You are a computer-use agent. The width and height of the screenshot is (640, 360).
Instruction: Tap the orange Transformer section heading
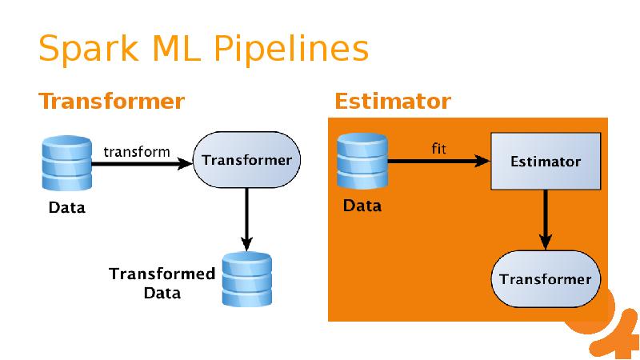coord(112,102)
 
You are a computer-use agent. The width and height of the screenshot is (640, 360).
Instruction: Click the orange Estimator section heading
coord(392,102)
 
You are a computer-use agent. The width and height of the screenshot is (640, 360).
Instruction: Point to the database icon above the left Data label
coord(66,163)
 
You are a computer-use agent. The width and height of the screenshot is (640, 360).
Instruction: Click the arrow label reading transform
coord(137,151)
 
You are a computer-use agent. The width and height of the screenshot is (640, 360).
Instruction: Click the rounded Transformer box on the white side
coord(246,161)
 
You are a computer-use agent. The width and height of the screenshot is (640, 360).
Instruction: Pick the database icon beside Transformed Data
coord(246,279)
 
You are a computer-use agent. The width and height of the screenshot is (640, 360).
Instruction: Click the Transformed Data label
coord(162,283)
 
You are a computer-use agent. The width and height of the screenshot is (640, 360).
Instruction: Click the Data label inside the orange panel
coord(362,206)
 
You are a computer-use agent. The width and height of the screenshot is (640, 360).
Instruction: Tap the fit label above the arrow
coord(438,148)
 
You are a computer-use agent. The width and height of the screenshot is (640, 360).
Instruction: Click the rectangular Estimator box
coord(546,162)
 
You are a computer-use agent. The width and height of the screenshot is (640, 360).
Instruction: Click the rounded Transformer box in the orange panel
coord(546,279)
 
